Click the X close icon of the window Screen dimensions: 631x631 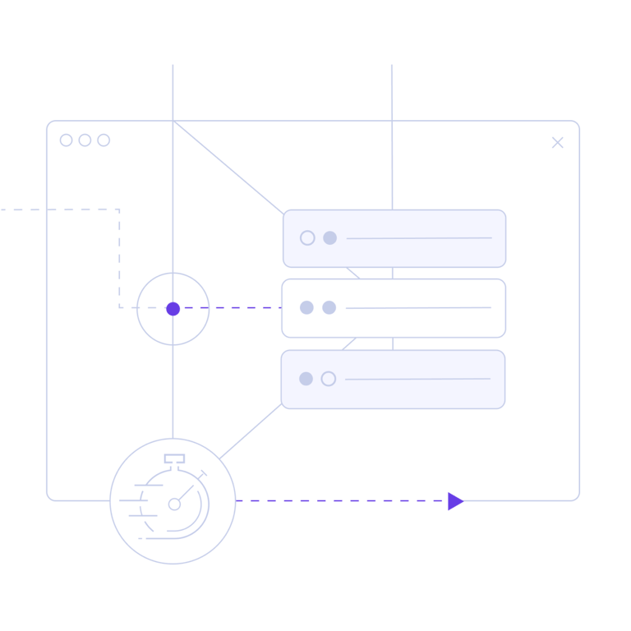tap(557, 142)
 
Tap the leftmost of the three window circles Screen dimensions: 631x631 tap(67, 140)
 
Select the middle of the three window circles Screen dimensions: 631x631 tap(85, 140)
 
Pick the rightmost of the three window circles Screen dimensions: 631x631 tap(104, 140)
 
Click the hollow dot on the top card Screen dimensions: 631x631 tap(307, 237)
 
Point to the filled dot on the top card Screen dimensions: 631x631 tap(329, 237)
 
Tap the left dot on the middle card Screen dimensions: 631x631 tap(306, 307)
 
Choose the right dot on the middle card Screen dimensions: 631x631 tap(329, 307)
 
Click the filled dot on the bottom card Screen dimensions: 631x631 tap(306, 379)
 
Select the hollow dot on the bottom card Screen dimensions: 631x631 tap(329, 379)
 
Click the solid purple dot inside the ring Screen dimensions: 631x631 tap(173, 309)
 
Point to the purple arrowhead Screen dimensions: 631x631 tap(455, 501)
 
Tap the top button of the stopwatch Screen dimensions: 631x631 tap(174, 458)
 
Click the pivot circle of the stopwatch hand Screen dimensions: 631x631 tap(174, 504)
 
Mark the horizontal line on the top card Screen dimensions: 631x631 tap(419, 238)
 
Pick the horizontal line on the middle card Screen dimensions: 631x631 tap(418, 308)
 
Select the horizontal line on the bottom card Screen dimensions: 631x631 tap(417, 379)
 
